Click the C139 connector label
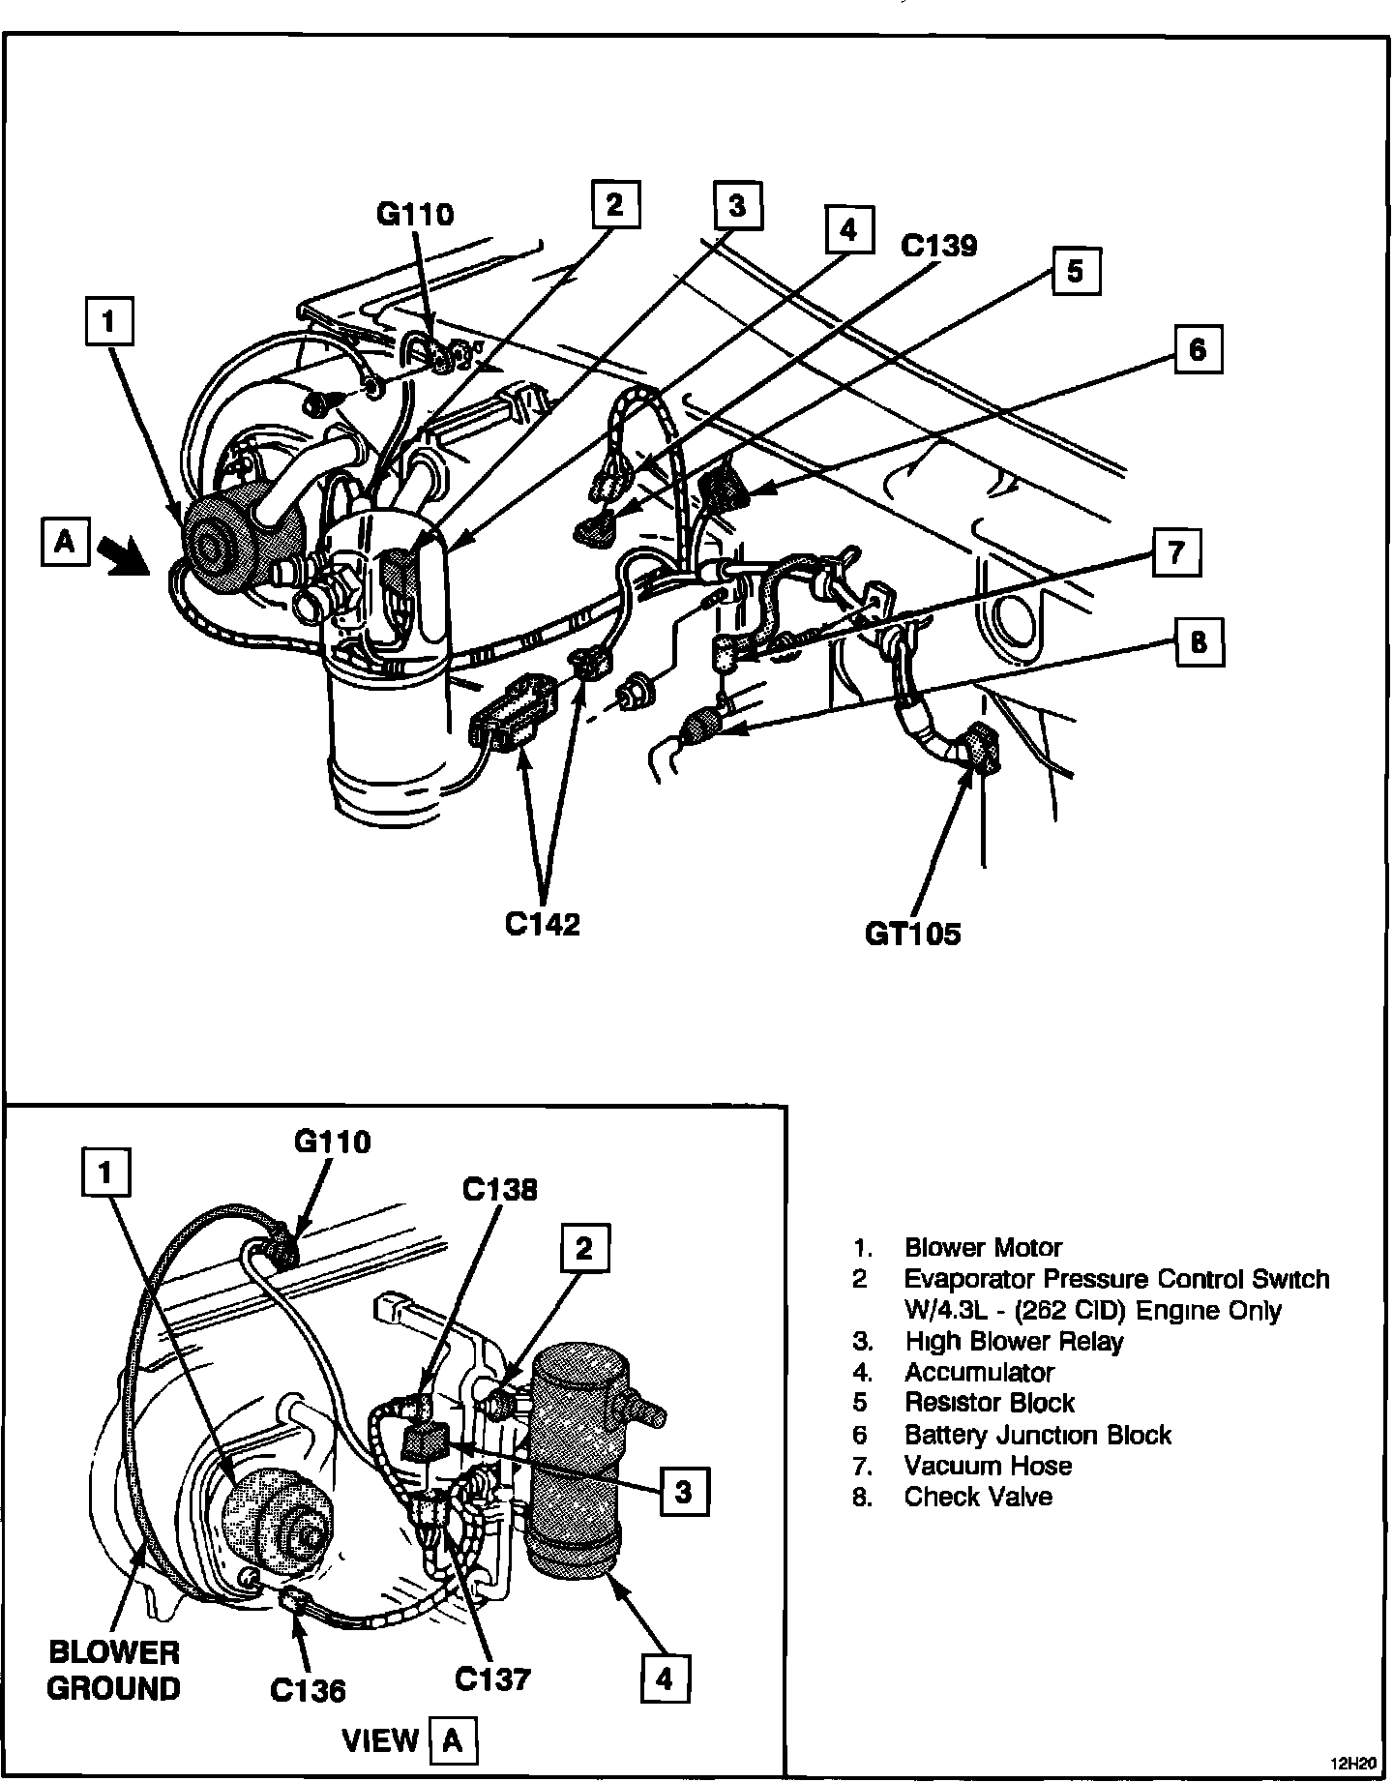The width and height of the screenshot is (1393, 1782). coord(938,246)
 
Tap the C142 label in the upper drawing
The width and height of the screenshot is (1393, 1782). coord(543,924)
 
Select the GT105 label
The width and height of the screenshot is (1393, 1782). coord(913,934)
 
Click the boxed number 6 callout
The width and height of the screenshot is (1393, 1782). coord(1198,348)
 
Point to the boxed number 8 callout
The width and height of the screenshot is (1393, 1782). coord(1200,642)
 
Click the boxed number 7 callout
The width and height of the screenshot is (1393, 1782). coord(1176,553)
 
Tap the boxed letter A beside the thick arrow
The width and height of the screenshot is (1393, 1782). coord(65,542)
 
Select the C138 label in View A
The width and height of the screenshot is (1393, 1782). coord(499,1189)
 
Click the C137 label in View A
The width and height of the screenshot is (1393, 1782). coord(492,1678)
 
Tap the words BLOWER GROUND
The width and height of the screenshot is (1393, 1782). coord(114,1670)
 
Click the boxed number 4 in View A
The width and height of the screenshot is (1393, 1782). coord(665,1678)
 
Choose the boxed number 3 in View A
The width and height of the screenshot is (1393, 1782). coord(684,1491)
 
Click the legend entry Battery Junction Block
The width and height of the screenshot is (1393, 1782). coord(1037,1435)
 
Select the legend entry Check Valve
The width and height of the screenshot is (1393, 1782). coord(978,1497)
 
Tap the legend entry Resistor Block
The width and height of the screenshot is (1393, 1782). coord(990,1403)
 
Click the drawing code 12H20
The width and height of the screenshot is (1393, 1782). coord(1355,1762)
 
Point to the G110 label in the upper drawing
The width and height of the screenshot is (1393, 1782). coord(414,214)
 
